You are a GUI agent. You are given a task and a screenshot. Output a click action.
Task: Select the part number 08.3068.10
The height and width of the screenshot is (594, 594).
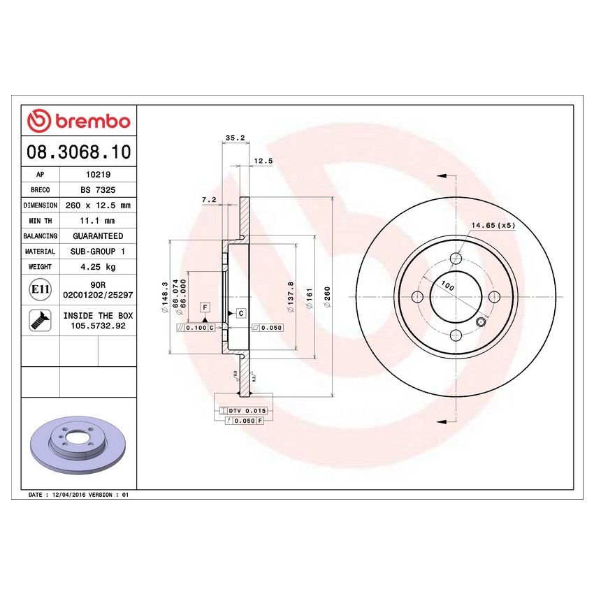coord(78,151)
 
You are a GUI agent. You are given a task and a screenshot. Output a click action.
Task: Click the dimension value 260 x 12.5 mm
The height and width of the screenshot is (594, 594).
coord(96,205)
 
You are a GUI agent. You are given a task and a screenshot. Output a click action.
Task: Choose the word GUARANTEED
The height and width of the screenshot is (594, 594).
coord(96,236)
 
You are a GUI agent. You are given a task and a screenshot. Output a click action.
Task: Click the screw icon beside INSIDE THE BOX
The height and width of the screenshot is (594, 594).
coord(39,320)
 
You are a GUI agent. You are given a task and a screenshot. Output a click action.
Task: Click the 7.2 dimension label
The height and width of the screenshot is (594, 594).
coord(208,200)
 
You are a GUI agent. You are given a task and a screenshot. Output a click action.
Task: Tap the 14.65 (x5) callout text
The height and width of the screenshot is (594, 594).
coord(493,225)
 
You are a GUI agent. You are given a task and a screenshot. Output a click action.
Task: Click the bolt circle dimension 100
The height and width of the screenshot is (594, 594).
coord(447,287)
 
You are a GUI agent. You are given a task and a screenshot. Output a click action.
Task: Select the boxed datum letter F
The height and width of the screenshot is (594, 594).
coord(205,307)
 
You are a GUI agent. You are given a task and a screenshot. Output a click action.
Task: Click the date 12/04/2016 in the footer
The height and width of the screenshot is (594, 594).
coord(68,494)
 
